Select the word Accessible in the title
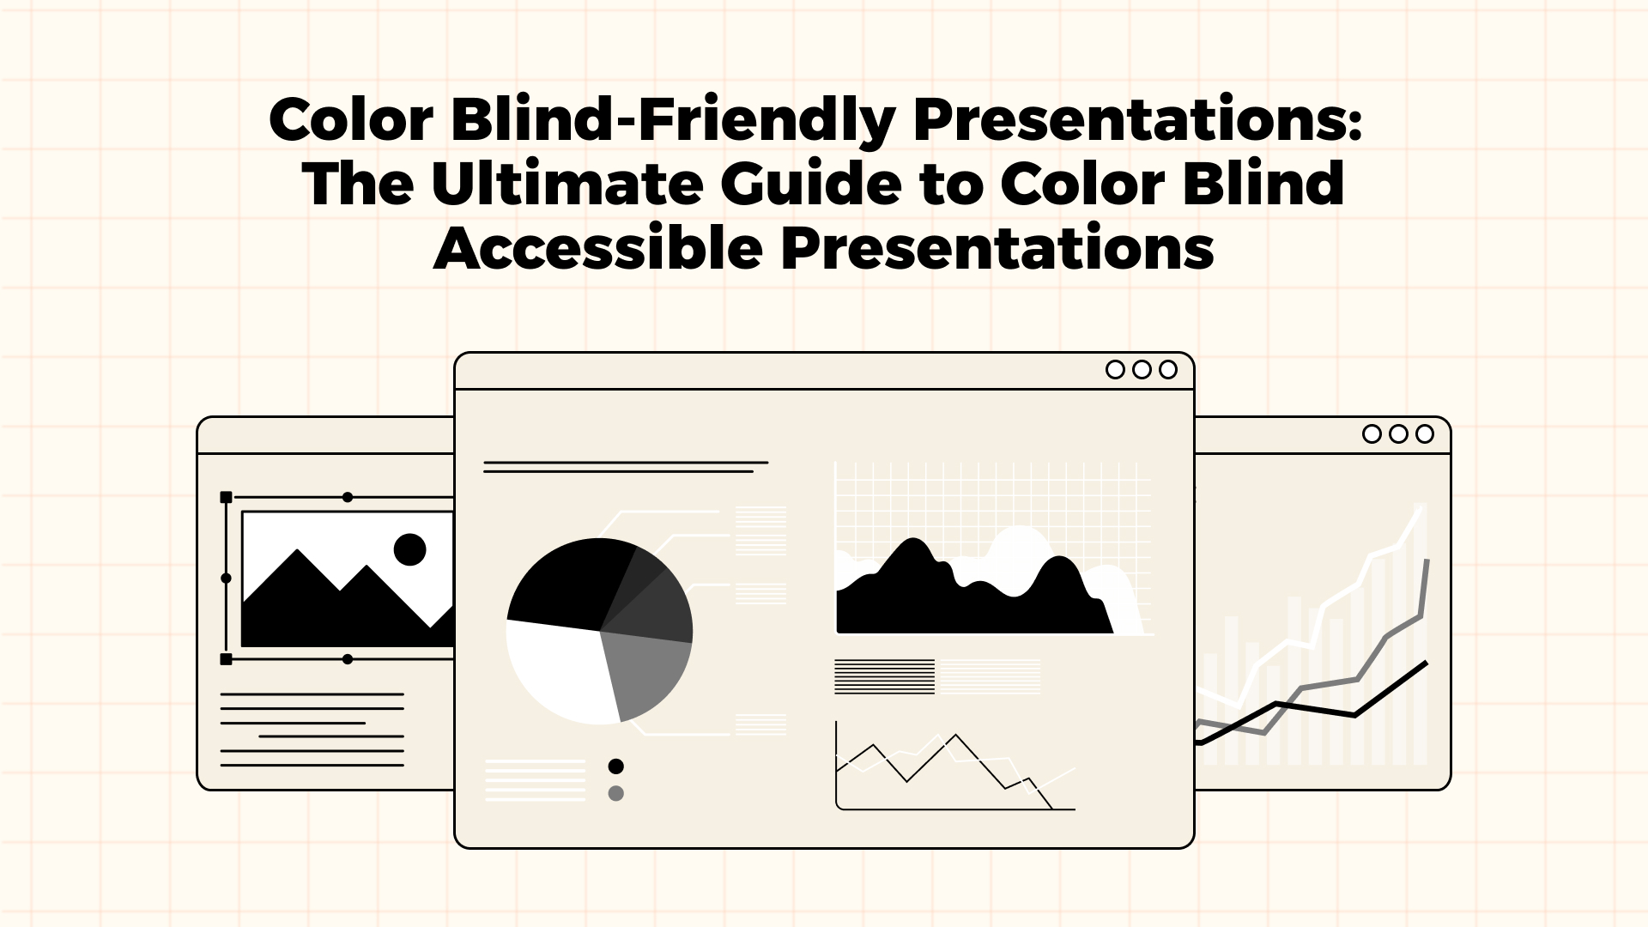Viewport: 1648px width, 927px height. tap(597, 249)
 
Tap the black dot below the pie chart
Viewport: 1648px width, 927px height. tap(615, 766)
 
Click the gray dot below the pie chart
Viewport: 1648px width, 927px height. tap(615, 793)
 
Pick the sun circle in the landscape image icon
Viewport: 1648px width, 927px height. tap(409, 549)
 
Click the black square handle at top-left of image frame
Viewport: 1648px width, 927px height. tap(227, 497)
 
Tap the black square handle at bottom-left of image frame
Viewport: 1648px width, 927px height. tap(227, 659)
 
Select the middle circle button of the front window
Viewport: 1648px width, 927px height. tap(1142, 369)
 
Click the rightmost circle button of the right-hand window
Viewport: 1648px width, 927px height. tap(1425, 434)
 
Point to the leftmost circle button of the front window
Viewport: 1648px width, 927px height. tap(1115, 369)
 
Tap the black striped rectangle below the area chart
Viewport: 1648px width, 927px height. tap(884, 676)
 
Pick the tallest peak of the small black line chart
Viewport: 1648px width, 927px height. tap(955, 735)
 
